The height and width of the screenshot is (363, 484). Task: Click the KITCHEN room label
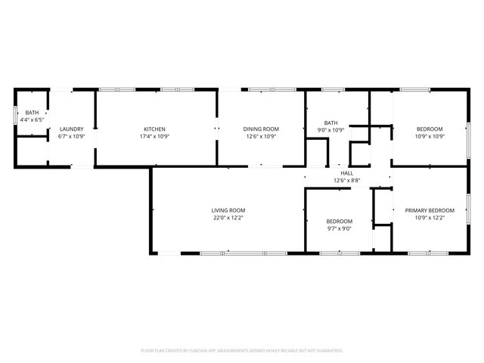[155, 129]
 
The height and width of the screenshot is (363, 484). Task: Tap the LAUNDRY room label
[71, 129]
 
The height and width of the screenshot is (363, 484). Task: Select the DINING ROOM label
[261, 129]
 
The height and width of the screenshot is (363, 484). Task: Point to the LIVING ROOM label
[228, 210]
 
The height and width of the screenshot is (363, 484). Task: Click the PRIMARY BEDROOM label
[430, 210]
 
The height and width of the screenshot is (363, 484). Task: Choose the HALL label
[348, 173]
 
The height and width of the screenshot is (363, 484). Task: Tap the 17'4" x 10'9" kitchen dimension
[155, 137]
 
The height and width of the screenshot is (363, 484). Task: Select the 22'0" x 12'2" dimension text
[228, 218]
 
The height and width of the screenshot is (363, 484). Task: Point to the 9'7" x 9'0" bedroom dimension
[340, 228]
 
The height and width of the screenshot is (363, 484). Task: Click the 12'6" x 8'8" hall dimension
[348, 181]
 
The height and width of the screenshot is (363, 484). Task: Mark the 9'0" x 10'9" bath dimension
[330, 130]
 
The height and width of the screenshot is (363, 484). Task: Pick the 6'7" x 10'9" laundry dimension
[71, 137]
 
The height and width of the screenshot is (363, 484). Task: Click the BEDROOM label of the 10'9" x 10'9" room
[430, 129]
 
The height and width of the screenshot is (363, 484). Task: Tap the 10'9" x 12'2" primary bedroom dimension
[430, 218]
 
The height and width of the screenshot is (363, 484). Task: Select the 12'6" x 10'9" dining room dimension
[261, 137]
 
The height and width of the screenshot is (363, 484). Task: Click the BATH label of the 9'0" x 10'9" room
[330, 123]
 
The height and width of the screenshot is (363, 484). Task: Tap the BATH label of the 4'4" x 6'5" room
[32, 112]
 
